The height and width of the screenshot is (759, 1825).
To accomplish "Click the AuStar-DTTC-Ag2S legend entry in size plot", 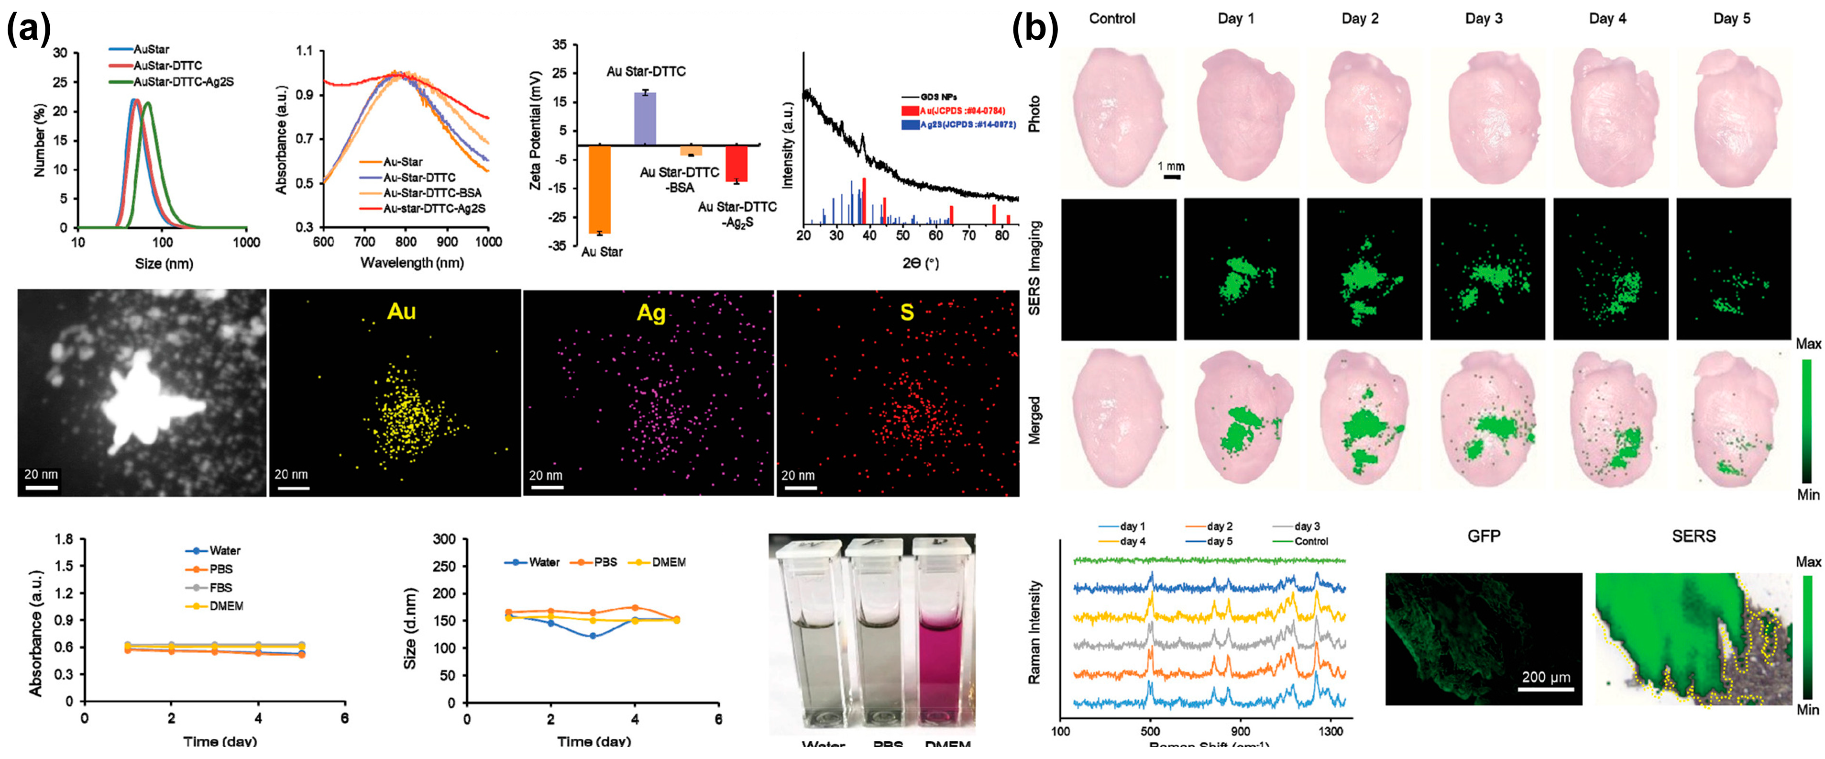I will (x=183, y=81).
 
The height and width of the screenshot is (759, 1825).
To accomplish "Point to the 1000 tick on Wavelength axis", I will (x=488, y=242).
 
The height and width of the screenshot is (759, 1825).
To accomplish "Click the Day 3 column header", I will (x=1484, y=19).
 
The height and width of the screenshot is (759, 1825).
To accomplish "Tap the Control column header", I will (x=1111, y=19).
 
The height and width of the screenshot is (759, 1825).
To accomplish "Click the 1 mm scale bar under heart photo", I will (x=1172, y=177).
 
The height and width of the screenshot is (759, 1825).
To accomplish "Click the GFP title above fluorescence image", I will (x=1484, y=536).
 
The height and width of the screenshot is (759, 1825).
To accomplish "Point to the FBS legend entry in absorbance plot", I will (x=220, y=588).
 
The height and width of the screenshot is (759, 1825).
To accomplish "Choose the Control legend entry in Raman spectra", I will (x=1311, y=541).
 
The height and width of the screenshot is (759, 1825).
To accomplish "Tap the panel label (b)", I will (x=1034, y=29).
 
